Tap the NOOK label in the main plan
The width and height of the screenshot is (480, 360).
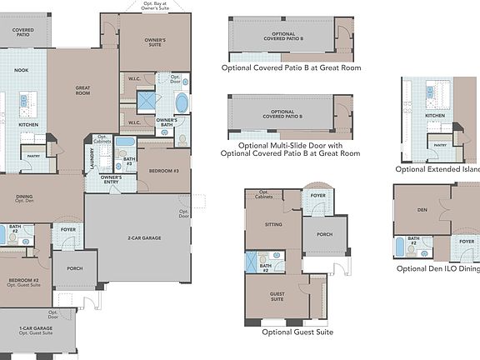(x=22, y=71)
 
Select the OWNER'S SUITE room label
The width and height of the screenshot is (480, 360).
(x=155, y=42)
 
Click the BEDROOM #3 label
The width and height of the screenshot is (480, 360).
(x=164, y=171)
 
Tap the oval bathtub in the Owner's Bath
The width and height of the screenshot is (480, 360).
(x=182, y=103)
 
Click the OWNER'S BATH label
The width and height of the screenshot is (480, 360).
(x=167, y=123)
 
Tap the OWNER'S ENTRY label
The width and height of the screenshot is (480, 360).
(x=111, y=180)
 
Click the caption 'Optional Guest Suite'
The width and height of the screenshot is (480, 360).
(x=297, y=332)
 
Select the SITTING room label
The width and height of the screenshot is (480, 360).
(x=273, y=225)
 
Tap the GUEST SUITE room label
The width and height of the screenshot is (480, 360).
(x=277, y=297)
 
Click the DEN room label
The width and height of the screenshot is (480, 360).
(x=422, y=210)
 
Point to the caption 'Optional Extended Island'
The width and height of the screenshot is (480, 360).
(x=437, y=169)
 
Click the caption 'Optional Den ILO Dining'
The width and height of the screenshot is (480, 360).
(x=437, y=268)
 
